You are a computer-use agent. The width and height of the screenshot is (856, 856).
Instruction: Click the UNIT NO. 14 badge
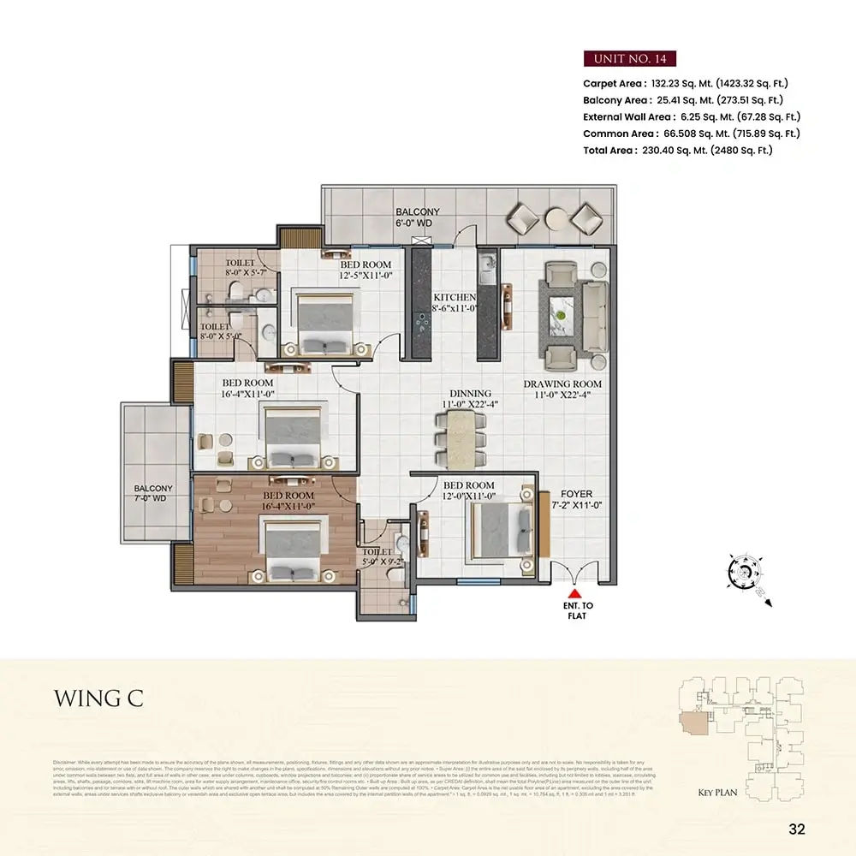tap(630, 59)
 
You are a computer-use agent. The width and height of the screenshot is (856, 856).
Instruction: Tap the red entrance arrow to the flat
tap(576, 592)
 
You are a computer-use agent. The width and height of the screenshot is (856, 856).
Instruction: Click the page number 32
tap(796, 829)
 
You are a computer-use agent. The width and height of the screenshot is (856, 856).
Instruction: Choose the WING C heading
tap(98, 698)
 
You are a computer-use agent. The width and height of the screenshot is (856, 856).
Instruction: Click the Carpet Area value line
tap(685, 84)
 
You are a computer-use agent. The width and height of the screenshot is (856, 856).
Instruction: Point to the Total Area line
tap(677, 150)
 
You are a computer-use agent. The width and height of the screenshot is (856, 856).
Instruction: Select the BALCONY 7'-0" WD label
tap(153, 495)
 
